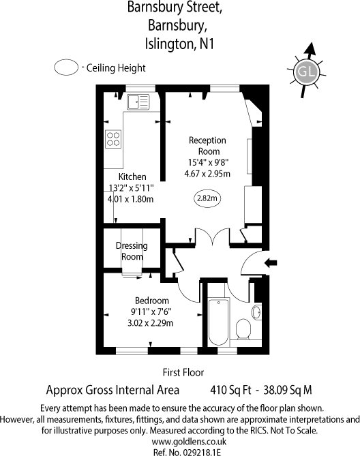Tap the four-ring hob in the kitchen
(112, 140)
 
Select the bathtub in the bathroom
(219, 321)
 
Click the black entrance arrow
(271, 262)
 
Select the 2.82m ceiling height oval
(207, 198)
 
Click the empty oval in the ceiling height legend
(66, 68)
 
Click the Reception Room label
(207, 146)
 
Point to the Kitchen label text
(132, 177)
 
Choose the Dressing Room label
(132, 251)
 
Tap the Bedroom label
(151, 301)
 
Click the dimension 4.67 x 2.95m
(207, 174)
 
